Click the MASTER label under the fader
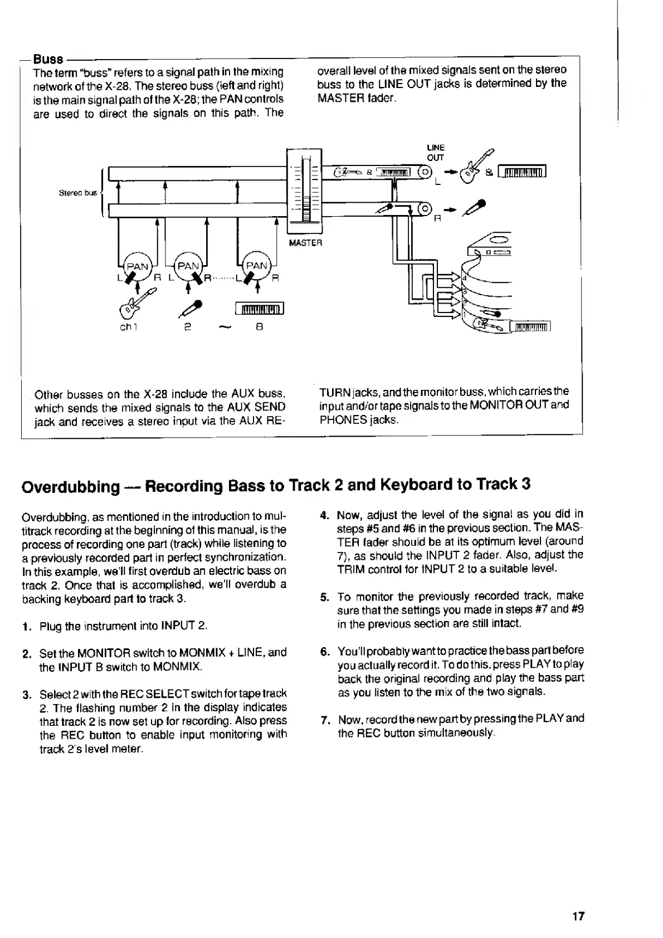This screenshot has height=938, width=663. click(305, 243)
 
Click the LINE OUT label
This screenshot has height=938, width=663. click(435, 153)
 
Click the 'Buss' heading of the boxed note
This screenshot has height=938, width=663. click(47, 58)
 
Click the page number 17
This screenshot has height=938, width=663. click(578, 916)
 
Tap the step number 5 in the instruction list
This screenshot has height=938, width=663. click(324, 597)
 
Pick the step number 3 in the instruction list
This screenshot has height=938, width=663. click(26, 695)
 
